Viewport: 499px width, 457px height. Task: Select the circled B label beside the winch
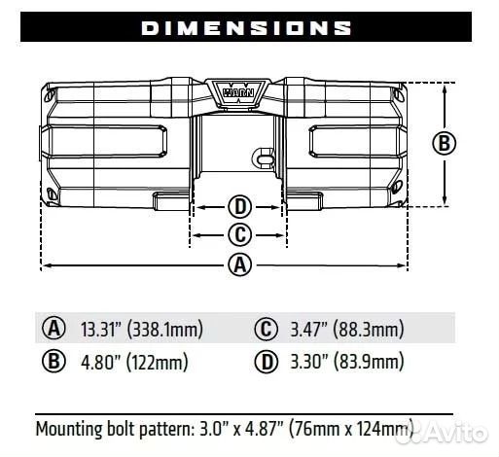(444, 144)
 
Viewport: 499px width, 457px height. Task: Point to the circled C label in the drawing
(239, 234)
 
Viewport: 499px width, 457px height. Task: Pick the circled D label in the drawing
(239, 206)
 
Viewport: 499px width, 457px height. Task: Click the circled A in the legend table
(53, 328)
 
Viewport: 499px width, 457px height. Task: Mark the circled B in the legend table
(53, 363)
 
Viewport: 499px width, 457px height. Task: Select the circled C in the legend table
(267, 328)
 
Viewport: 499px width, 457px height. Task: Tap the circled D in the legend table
(267, 363)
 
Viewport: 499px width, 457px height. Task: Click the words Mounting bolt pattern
(107, 428)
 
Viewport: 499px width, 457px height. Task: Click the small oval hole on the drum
(261, 154)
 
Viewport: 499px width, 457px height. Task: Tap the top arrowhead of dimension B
(445, 88)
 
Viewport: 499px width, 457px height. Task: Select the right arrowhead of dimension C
(282, 234)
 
